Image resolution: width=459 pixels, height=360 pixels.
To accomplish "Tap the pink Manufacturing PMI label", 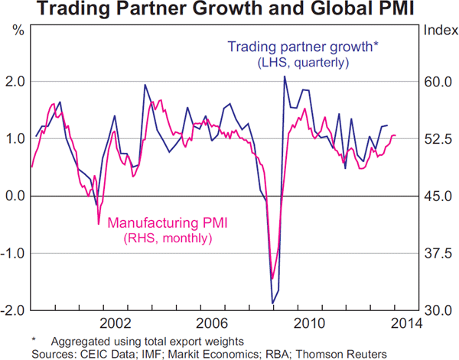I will pyautogui.click(x=169, y=223).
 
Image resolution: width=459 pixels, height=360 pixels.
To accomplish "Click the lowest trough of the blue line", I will pyautogui.click(x=272, y=303).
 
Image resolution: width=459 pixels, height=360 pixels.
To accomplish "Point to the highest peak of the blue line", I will pyautogui.click(x=285, y=76).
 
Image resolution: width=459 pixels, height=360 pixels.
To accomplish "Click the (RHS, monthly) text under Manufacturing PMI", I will pyautogui.click(x=169, y=239).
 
